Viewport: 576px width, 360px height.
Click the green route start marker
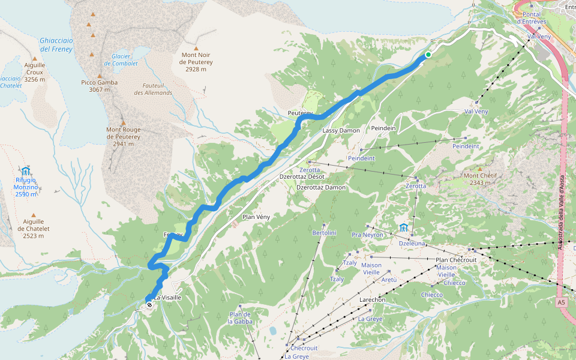(428, 55)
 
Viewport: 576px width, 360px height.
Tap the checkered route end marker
(149, 305)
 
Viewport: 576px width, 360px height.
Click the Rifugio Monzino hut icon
(26, 172)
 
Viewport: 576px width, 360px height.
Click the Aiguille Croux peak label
(35, 72)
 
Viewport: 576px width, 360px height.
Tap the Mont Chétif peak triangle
(479, 169)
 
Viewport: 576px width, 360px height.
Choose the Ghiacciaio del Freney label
(56, 44)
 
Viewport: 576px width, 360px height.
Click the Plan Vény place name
(257, 217)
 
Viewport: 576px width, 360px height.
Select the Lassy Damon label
(341, 130)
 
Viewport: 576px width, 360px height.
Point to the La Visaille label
(167, 297)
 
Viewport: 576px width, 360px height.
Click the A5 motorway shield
(561, 302)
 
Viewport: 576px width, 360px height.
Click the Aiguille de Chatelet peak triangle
(34, 215)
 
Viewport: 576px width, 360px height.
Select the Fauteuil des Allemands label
(153, 89)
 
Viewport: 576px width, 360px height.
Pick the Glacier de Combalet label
(121, 60)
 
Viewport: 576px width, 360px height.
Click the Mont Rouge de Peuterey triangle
(124, 122)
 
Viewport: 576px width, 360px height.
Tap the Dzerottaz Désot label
(302, 176)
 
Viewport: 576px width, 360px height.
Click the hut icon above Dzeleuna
(404, 227)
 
